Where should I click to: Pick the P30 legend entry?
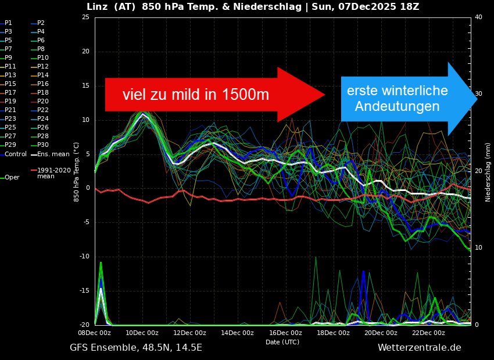click(x=43, y=145)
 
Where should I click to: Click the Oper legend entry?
click(x=12, y=178)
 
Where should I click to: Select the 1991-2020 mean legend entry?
click(x=53, y=173)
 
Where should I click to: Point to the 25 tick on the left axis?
click(x=85, y=17)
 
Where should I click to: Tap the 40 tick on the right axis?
click(x=478, y=17)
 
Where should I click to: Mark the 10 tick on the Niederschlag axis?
click(x=478, y=248)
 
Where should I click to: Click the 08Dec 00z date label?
click(x=95, y=333)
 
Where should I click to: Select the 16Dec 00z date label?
click(x=286, y=333)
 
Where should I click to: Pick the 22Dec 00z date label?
click(x=429, y=333)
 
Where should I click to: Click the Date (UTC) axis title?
click(x=282, y=342)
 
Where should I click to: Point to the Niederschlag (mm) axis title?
click(x=488, y=172)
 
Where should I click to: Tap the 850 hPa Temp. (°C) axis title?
click(x=76, y=172)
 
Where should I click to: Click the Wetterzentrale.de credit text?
click(x=419, y=348)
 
